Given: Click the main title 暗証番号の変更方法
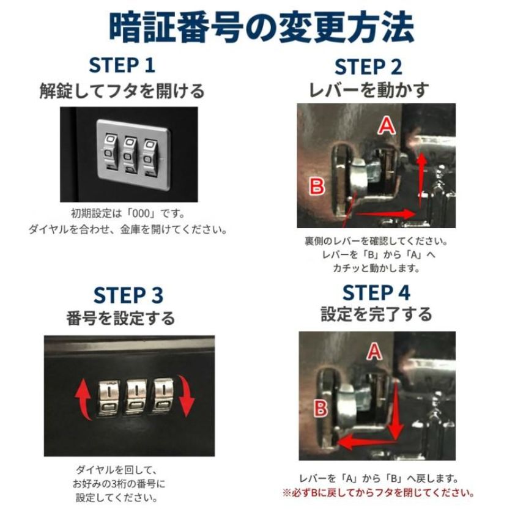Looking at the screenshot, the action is (262, 28).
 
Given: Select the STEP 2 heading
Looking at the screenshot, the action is (368, 67).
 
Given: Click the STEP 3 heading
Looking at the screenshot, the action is (128, 295).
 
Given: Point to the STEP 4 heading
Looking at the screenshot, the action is (376, 292).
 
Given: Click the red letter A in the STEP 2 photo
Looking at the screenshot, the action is (387, 126).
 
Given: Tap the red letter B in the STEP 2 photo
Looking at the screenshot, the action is (316, 187).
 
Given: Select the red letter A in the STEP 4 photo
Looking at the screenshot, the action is (375, 352).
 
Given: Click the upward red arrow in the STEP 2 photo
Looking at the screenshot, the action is (421, 179).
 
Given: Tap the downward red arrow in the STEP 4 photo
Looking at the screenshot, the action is (396, 410).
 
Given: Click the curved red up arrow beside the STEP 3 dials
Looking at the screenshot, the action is (83, 399).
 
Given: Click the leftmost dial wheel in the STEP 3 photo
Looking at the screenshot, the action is (109, 397).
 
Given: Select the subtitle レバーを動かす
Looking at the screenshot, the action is (368, 90).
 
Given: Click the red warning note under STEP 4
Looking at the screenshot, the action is (378, 493).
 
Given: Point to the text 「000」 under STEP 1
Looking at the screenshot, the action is (143, 213).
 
